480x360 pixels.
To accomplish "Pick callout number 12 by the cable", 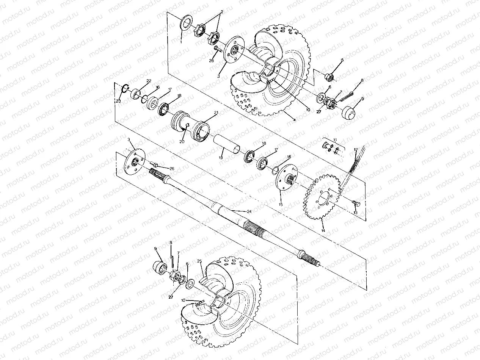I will pyautogui.click(x=356, y=150).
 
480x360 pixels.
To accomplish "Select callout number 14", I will pyautogui.click(x=323, y=230).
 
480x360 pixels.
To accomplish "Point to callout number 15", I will pyautogui.click(x=281, y=204).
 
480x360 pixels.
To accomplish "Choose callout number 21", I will pyautogui.click(x=216, y=113).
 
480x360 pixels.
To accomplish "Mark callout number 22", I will pyautogui.click(x=149, y=81).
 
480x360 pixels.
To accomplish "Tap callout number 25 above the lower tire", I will pyautogui.click(x=199, y=261).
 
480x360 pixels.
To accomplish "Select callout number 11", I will pyautogui.click(x=335, y=140).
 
